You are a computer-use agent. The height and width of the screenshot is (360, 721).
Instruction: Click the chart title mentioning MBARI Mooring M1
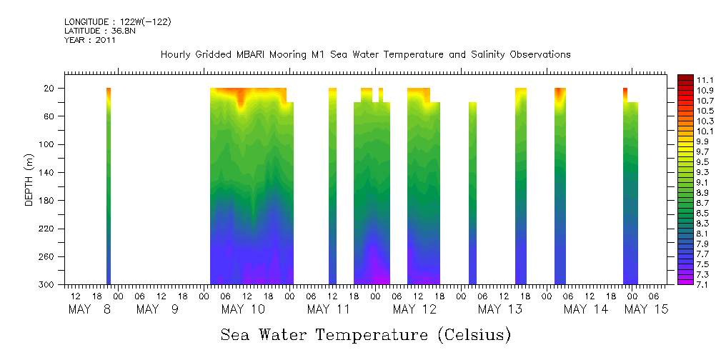coord(365,54)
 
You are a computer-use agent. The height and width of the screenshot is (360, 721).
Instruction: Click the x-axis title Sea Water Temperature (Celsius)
coord(365,334)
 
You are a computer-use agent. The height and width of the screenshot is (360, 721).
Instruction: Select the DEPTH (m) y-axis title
coord(29,179)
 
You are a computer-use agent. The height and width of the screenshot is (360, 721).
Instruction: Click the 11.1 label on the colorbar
coord(686,80)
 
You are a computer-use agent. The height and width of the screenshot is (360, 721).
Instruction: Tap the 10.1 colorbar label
coord(686,131)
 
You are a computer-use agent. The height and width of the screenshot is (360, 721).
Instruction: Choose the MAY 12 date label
coord(414,309)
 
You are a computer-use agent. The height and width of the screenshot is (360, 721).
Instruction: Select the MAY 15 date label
coord(645,309)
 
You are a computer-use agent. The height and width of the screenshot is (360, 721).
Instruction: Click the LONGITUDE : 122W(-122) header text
coord(117,22)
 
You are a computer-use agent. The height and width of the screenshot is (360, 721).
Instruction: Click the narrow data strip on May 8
coord(109,186)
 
